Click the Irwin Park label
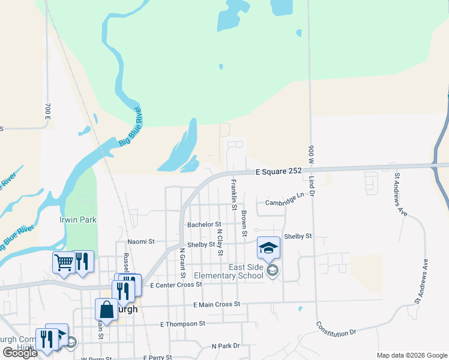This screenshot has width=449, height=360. click(78, 220)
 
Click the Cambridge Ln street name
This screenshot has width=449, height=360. click(285, 200)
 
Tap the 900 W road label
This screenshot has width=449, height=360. click(311, 157)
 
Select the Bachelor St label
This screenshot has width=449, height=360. click(204, 224)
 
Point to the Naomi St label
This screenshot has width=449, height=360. click(141, 242)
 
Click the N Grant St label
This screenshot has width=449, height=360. click(181, 262)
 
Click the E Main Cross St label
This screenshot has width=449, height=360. click(217, 305)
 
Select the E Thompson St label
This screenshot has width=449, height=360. click(182, 324)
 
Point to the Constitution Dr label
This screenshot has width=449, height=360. click(336, 328)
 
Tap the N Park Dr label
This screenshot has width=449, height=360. click(226, 346)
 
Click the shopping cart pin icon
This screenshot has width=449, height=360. click(63, 262)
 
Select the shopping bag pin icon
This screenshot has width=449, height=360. click(106, 310)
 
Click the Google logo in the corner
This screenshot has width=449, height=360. click(20, 353)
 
